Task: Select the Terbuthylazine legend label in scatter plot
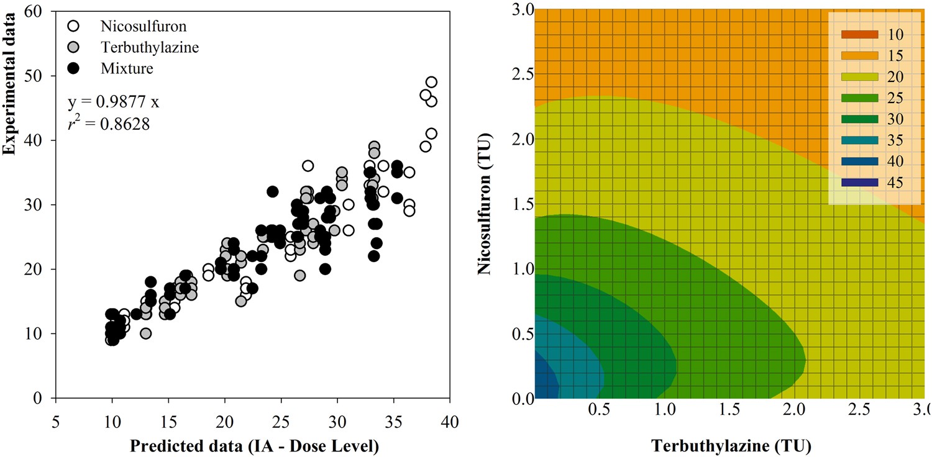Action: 150,47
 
